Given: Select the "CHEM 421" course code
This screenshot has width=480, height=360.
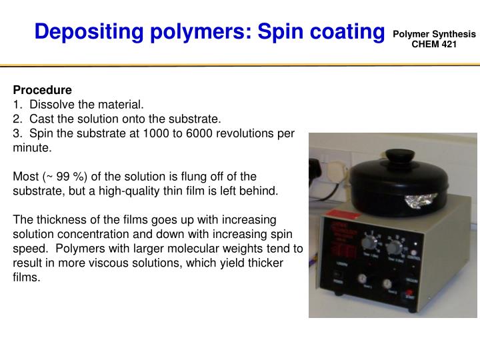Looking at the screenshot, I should click(x=434, y=44).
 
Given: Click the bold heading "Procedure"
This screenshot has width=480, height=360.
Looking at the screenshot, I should click(x=43, y=89).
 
